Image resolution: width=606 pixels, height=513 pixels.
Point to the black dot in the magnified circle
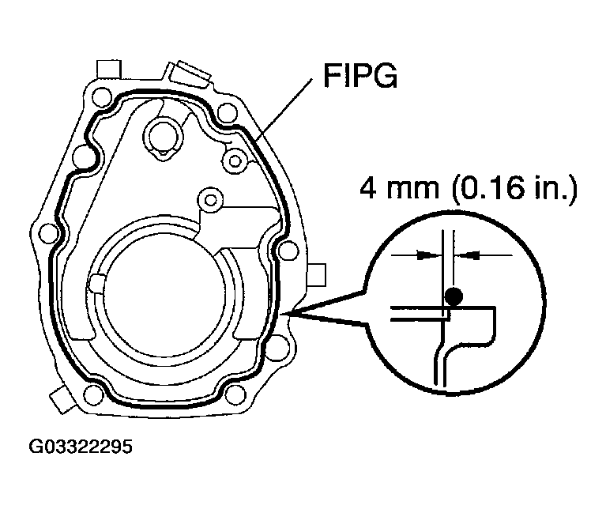(453, 297)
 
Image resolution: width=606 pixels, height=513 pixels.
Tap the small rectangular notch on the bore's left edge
(97, 283)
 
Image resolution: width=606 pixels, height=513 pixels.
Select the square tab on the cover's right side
(315, 274)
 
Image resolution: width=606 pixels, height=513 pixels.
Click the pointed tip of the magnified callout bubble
(293, 315)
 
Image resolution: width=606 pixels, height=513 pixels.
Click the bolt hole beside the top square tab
(100, 100)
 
